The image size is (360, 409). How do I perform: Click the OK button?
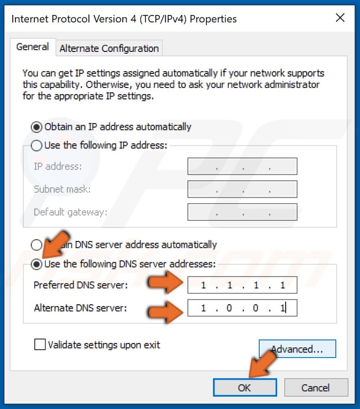point(244,388)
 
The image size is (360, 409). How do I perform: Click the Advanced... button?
point(297,349)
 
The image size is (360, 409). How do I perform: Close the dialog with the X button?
point(340,18)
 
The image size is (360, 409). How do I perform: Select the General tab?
point(32,47)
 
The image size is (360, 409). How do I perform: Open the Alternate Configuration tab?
point(109,48)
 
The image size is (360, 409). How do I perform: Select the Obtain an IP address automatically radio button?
point(36,127)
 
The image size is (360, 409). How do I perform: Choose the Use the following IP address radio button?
point(36,146)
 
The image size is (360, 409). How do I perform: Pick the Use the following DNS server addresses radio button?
point(36,264)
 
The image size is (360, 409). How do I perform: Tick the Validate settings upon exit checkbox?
point(40,345)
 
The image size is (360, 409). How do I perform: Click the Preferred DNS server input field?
point(242,286)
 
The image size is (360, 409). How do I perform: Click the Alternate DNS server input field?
point(242,308)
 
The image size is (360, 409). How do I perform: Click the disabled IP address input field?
point(242,167)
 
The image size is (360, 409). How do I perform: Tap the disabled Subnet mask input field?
point(242,189)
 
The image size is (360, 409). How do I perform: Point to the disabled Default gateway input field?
point(242,212)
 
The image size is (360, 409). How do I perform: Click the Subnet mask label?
point(62,189)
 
